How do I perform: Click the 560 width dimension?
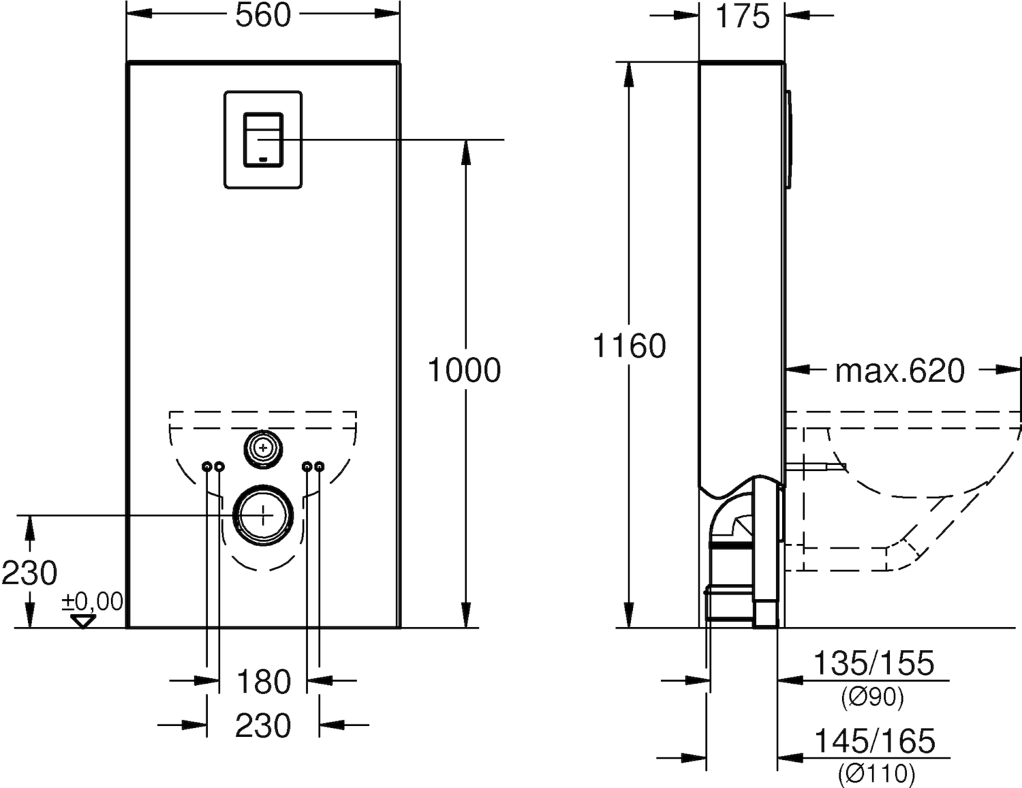tap(264, 16)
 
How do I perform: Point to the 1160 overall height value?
tap(630, 346)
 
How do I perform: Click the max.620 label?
tap(900, 371)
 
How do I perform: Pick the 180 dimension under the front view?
tap(264, 682)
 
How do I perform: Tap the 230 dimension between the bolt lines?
tap(264, 725)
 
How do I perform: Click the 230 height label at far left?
tap(29, 573)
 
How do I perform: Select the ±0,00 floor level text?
tap(92, 602)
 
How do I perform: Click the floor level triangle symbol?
tap(82, 621)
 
